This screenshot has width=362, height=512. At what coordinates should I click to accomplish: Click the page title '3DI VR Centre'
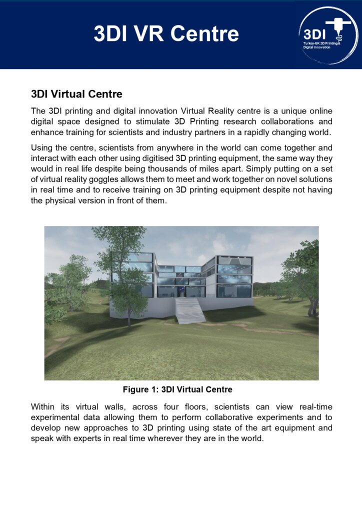(x=166, y=34)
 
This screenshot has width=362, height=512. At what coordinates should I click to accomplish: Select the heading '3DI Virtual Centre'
(x=76, y=94)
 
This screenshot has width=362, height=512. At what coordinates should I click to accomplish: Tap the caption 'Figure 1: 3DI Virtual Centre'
(x=177, y=389)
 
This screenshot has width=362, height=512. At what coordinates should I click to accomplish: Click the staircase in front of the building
(x=190, y=309)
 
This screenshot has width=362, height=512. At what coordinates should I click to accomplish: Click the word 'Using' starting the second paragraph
(x=42, y=148)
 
